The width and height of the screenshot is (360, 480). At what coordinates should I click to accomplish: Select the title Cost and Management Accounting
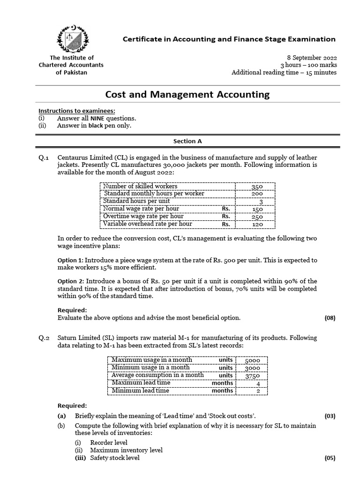[x=187, y=94]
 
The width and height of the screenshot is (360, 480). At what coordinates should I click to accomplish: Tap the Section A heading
[x=187, y=141]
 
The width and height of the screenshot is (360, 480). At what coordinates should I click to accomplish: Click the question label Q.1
[x=44, y=157]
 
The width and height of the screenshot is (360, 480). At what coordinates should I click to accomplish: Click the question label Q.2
[x=44, y=337]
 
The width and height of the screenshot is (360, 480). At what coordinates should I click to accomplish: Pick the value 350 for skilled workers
[x=257, y=186]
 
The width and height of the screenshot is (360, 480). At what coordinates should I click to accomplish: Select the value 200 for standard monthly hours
[x=257, y=194]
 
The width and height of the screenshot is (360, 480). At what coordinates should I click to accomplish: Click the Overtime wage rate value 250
[x=257, y=217]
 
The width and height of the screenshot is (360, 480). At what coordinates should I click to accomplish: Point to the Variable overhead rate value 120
[x=257, y=224]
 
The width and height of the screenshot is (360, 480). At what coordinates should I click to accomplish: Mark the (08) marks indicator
[x=330, y=318]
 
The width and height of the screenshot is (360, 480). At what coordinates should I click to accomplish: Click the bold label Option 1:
[x=70, y=260]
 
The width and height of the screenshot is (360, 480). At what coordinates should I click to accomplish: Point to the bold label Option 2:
[x=70, y=281]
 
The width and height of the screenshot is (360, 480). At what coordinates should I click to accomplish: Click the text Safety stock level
[x=114, y=458]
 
